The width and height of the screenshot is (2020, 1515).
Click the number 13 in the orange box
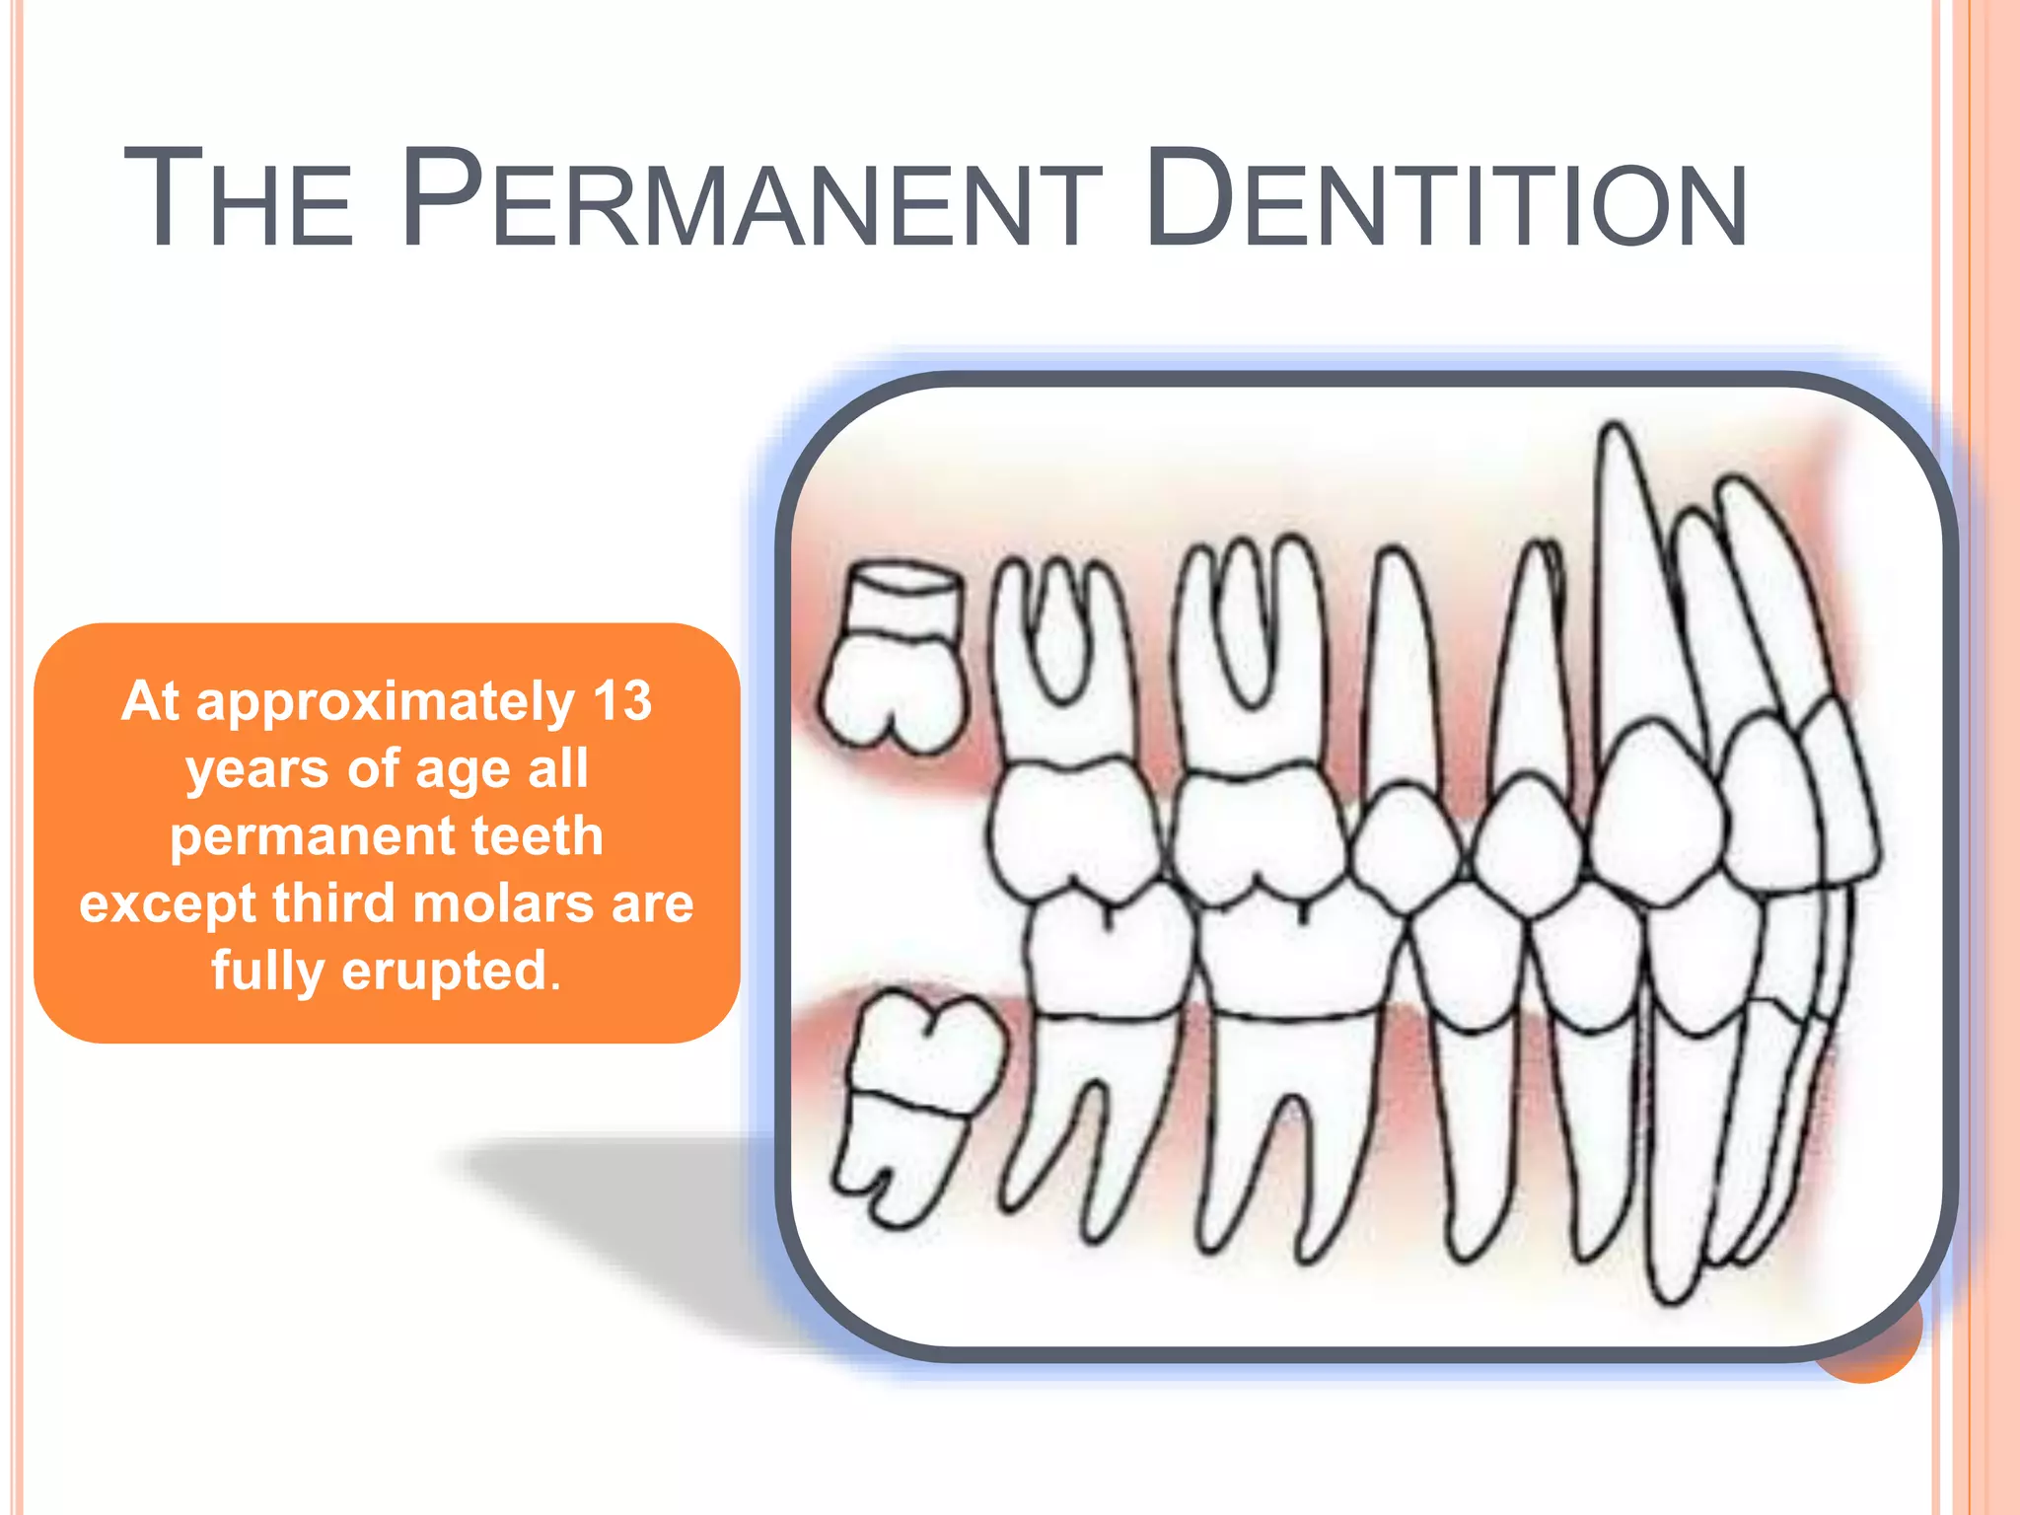(621, 701)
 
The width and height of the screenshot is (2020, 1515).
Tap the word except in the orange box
(168, 904)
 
